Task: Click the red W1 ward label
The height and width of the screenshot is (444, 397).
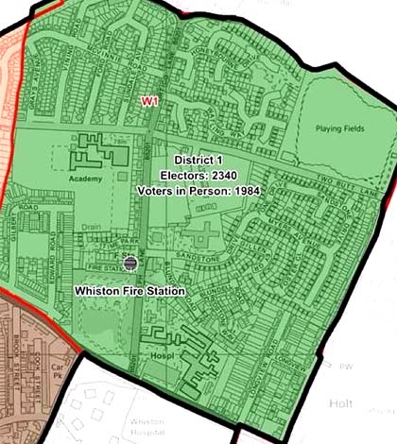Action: click(x=148, y=100)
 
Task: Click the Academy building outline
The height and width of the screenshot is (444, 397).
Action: click(x=91, y=151)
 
